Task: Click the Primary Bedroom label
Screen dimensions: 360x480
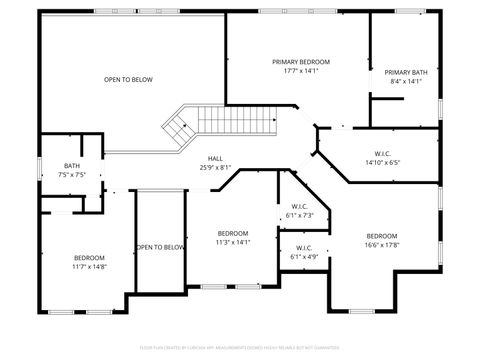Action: tap(300, 62)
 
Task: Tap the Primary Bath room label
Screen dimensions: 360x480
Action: tap(406, 72)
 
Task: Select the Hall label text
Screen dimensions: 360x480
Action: tap(215, 158)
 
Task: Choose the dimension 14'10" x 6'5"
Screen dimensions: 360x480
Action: tap(382, 162)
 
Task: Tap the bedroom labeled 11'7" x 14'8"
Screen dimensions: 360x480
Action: tap(88, 262)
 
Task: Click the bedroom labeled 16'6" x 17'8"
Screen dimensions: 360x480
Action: tap(381, 240)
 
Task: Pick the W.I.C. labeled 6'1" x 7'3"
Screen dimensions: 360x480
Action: tap(300, 211)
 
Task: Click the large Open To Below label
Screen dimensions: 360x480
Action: tap(128, 80)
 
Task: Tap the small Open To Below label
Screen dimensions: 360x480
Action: tap(160, 247)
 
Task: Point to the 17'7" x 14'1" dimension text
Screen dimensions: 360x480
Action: tap(300, 71)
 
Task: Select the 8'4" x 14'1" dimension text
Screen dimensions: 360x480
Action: tap(406, 82)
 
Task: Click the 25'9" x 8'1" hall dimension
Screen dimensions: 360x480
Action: tap(215, 167)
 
